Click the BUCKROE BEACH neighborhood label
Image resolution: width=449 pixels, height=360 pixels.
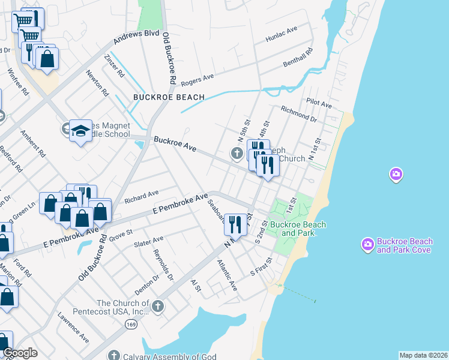click(x=169, y=97)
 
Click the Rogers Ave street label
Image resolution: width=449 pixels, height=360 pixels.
click(x=197, y=78)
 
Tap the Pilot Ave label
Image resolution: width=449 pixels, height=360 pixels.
click(x=319, y=104)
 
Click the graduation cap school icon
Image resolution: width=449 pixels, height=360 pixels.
click(x=79, y=130)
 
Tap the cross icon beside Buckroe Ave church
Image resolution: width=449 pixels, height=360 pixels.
click(x=237, y=154)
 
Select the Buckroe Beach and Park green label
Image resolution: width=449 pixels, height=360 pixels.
click(x=298, y=229)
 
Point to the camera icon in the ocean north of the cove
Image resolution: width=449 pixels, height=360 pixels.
click(x=396, y=175)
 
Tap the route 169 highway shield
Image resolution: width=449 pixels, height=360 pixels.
click(x=130, y=324)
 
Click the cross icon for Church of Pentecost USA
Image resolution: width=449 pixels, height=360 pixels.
click(x=157, y=307)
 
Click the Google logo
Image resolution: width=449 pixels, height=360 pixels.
click(x=19, y=353)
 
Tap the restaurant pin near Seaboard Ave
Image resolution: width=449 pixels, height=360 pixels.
click(x=235, y=224)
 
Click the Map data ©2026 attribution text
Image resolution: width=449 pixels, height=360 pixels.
click(x=423, y=355)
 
